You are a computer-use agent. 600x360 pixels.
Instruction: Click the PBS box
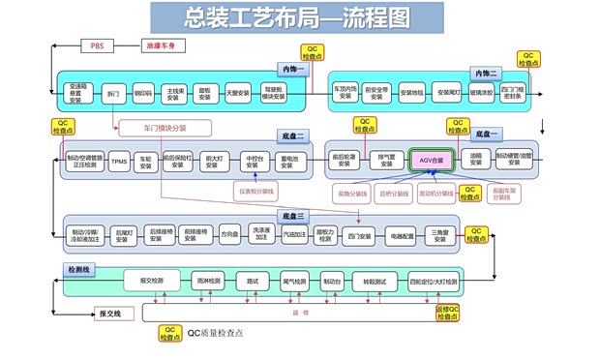[x=97, y=45]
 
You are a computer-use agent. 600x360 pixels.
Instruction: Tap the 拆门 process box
[x=112, y=94]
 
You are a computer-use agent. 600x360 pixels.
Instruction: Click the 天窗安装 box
[x=237, y=94]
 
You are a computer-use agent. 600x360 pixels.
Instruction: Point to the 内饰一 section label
[x=292, y=71]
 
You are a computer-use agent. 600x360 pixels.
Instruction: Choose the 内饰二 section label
[x=485, y=74]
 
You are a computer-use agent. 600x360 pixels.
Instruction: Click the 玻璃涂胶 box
[x=480, y=94]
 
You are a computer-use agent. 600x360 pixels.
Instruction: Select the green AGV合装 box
[x=431, y=160]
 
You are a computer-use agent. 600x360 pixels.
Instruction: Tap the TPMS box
[x=119, y=161]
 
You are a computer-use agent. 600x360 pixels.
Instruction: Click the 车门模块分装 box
[x=165, y=127]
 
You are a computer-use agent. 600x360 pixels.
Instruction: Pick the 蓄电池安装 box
[x=288, y=161]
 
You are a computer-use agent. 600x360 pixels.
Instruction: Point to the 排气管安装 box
[x=384, y=160]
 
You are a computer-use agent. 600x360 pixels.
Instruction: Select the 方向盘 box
[x=229, y=234]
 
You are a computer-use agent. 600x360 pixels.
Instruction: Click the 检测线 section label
[x=77, y=267]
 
